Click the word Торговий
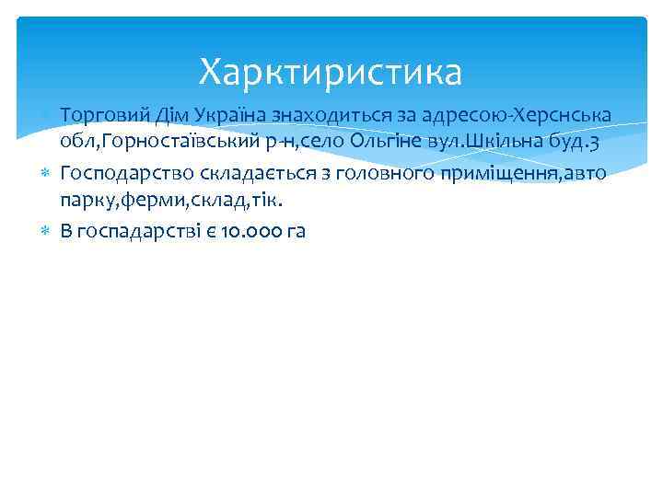point(98,115)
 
